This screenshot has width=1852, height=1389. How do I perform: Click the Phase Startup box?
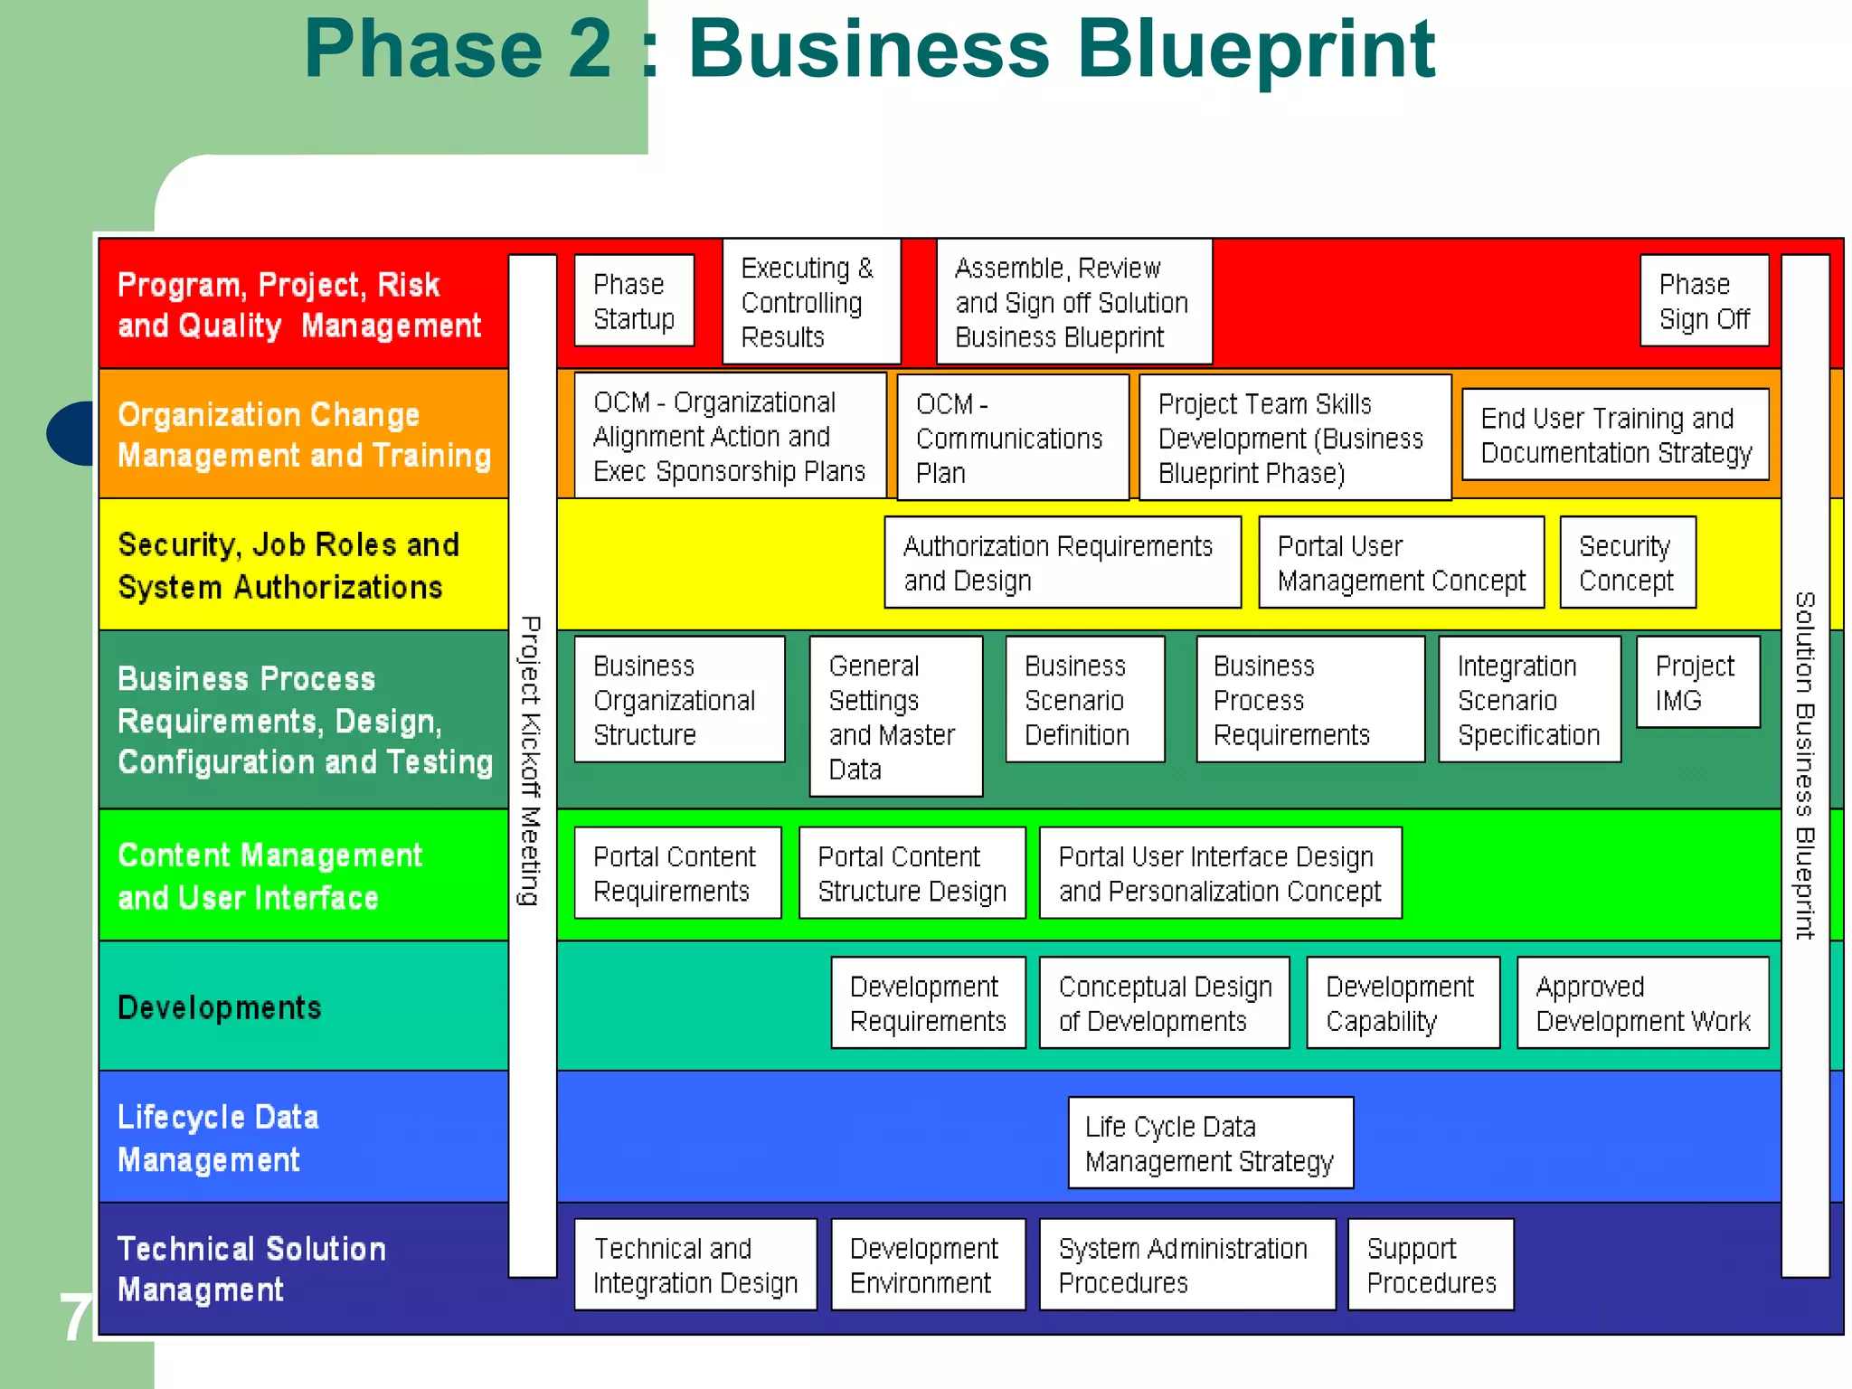[634, 301]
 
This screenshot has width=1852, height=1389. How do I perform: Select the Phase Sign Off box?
[1704, 301]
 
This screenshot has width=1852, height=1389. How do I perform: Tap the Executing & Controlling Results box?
[811, 302]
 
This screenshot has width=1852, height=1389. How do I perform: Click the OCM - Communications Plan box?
[1013, 438]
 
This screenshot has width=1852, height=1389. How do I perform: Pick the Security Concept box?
[1627, 562]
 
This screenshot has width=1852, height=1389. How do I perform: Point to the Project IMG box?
[1697, 682]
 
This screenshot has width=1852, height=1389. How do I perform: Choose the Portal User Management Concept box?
[1401, 562]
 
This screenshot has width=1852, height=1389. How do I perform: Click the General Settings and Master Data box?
[895, 716]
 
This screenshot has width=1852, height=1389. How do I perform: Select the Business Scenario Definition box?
[1084, 700]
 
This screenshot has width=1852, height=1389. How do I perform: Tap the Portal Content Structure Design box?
[912, 874]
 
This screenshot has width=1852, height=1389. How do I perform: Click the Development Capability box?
[1403, 1003]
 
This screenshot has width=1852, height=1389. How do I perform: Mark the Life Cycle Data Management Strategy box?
[1210, 1143]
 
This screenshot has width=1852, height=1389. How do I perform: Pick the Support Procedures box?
[1431, 1264]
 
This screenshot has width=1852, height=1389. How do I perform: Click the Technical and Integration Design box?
[694, 1264]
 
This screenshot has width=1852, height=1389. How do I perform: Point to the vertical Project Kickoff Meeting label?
[532, 760]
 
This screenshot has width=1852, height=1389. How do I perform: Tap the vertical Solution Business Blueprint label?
[1805, 765]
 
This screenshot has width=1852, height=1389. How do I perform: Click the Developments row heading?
[220, 1007]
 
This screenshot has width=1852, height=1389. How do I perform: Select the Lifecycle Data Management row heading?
[218, 1138]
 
